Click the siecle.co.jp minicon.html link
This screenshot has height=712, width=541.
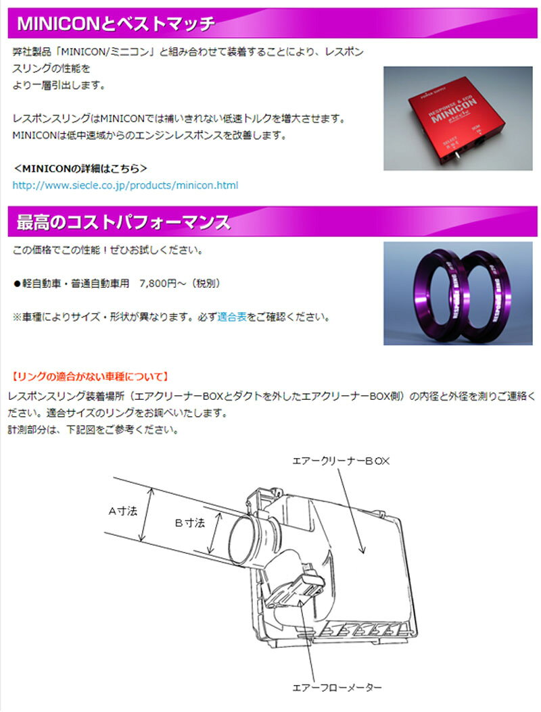pos(125,185)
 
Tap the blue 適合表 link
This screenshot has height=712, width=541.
pos(232,317)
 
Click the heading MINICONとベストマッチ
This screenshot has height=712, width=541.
pos(116,23)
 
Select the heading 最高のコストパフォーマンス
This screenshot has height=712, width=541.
pos(123,222)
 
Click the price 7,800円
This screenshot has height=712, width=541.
pos(158,283)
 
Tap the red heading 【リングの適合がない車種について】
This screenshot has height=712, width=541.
pos(90,376)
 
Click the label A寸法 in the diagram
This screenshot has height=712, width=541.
pos(123,511)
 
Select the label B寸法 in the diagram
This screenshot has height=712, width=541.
pos(190,523)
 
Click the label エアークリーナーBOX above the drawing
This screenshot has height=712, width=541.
pos(341,461)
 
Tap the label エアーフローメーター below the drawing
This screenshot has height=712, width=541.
pos(337,688)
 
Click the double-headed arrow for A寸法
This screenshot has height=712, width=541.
pos(147,514)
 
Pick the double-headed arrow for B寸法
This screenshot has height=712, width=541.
pos(214,534)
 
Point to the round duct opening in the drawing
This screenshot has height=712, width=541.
pos(245,540)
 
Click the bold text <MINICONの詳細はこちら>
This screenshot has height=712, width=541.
pos(80,168)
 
